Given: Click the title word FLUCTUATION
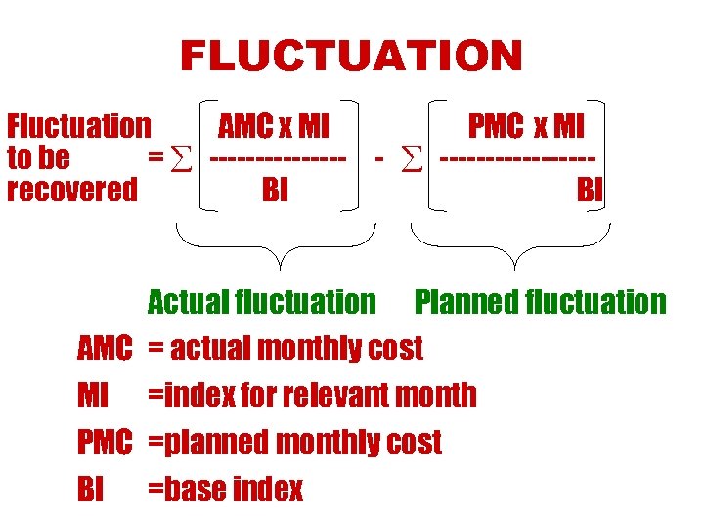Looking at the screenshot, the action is coord(351,56).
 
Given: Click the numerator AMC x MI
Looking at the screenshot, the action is coord(274,126).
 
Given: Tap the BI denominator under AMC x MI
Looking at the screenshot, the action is coord(276,190).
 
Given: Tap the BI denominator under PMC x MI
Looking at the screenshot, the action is coord(590,190).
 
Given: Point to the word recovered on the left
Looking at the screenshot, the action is coord(72,190).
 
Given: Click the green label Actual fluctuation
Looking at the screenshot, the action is coord(261,302).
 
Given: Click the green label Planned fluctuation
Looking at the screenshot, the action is coord(540,302).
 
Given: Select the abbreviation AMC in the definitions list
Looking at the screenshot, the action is coord(105,348).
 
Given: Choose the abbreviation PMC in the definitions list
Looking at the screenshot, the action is coord(105,442).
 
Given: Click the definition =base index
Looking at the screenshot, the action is coord(225,489).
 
